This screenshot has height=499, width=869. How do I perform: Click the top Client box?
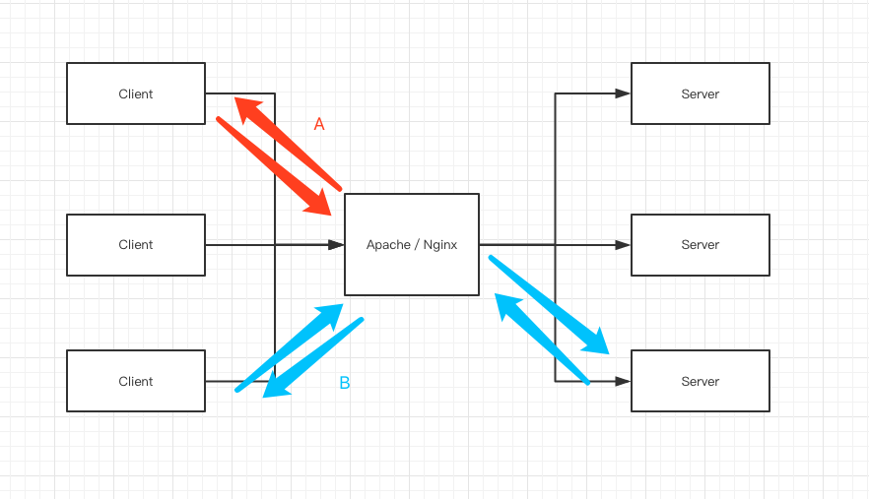(x=136, y=94)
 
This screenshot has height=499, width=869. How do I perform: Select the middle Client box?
(x=136, y=244)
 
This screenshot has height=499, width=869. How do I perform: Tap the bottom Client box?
(x=136, y=381)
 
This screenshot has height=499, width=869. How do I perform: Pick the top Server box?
(x=700, y=94)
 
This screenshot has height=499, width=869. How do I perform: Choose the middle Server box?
(x=700, y=244)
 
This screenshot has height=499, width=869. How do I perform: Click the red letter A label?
(x=319, y=124)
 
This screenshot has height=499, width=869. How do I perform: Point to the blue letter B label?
(x=345, y=383)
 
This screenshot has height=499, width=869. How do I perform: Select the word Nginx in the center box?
(x=440, y=244)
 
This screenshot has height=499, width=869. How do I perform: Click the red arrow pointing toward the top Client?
(x=286, y=142)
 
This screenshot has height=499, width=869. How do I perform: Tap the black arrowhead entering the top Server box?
(x=623, y=94)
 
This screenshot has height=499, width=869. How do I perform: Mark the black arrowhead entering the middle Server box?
(x=623, y=244)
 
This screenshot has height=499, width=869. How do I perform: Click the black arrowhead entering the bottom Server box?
(x=623, y=381)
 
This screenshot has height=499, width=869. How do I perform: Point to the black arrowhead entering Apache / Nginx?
(x=336, y=244)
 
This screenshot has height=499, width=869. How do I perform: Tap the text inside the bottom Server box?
(x=700, y=381)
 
